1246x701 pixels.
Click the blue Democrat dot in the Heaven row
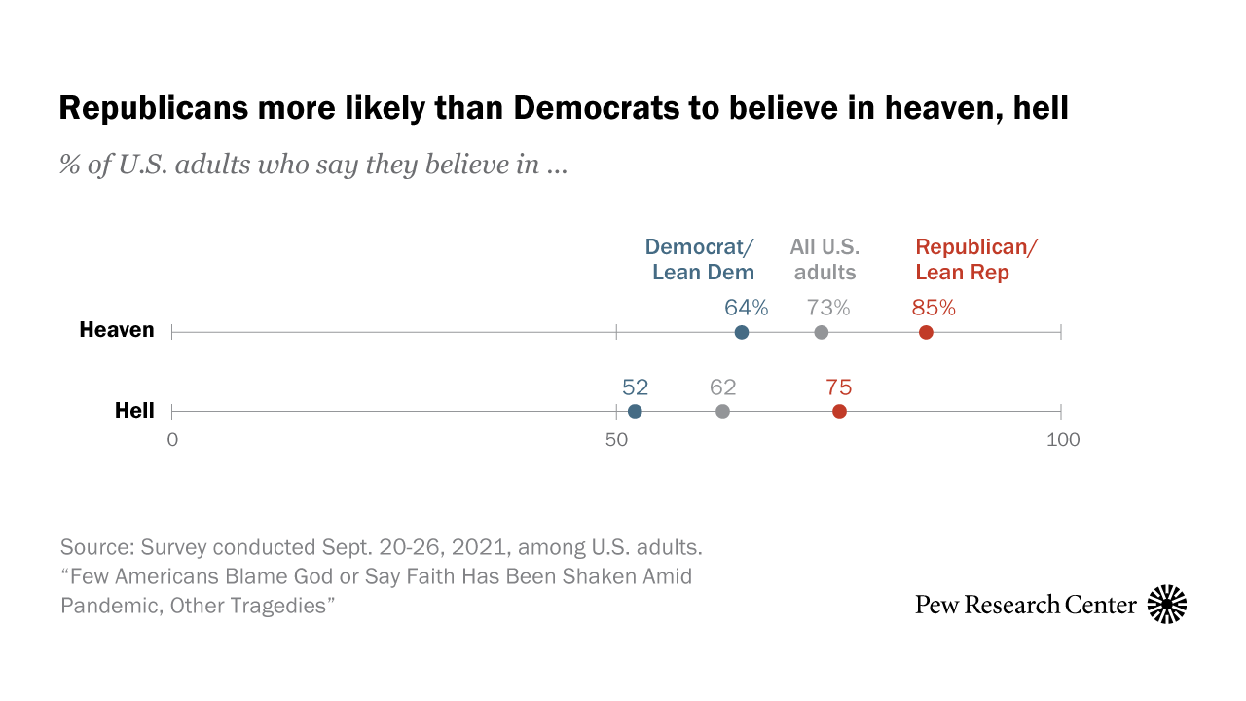(x=742, y=333)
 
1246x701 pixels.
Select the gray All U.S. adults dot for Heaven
(x=822, y=333)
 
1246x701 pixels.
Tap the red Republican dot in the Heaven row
(x=926, y=333)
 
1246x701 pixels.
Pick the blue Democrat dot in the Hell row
(x=635, y=412)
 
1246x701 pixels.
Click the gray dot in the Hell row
(x=722, y=412)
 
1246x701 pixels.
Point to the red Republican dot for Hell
(x=839, y=412)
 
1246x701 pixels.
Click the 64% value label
(x=747, y=308)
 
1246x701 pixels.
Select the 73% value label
(x=828, y=308)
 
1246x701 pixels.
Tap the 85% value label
(x=934, y=308)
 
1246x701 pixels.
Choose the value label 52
(x=635, y=387)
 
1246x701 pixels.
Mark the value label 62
(x=723, y=387)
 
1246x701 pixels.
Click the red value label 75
(x=839, y=387)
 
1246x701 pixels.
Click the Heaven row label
(x=117, y=330)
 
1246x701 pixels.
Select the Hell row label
(x=134, y=411)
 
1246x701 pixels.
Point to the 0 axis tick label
(x=172, y=440)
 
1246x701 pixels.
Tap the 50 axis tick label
(x=616, y=440)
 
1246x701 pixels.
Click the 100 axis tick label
(x=1063, y=440)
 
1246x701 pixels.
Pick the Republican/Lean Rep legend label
(x=976, y=259)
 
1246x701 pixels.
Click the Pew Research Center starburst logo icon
(x=1167, y=605)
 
